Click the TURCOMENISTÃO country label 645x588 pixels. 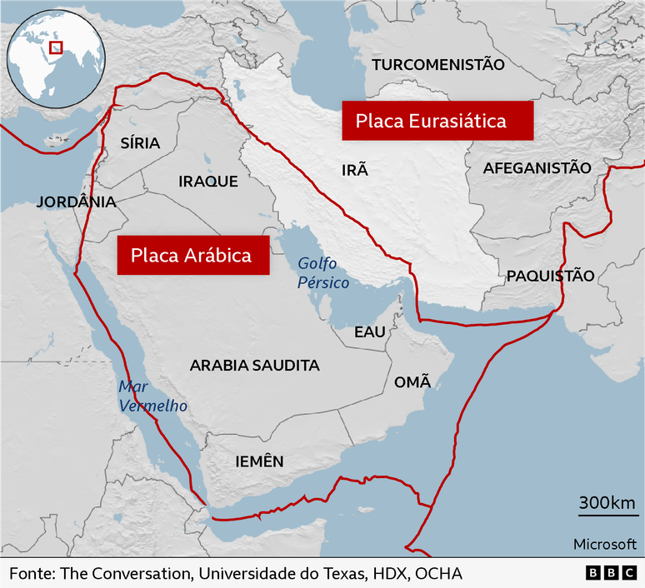coord(438,64)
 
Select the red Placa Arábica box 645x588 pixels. coord(193,254)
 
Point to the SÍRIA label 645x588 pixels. coord(140,142)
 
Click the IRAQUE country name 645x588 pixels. coord(208,181)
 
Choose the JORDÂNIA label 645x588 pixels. coord(76,202)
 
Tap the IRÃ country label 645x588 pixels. coord(354,171)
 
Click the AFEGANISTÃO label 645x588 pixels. coord(537,167)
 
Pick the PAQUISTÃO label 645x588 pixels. coord(551,276)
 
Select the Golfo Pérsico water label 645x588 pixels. coord(323,272)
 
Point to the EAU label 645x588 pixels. coord(370,331)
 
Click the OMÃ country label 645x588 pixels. coord(412,382)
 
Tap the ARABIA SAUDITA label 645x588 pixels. coord(254,365)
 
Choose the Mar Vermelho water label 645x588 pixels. coord(152,396)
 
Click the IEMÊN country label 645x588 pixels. coord(259,461)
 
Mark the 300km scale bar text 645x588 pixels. coord(607,503)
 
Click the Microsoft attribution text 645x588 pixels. coord(603,544)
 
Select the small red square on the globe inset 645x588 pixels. coord(57,47)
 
